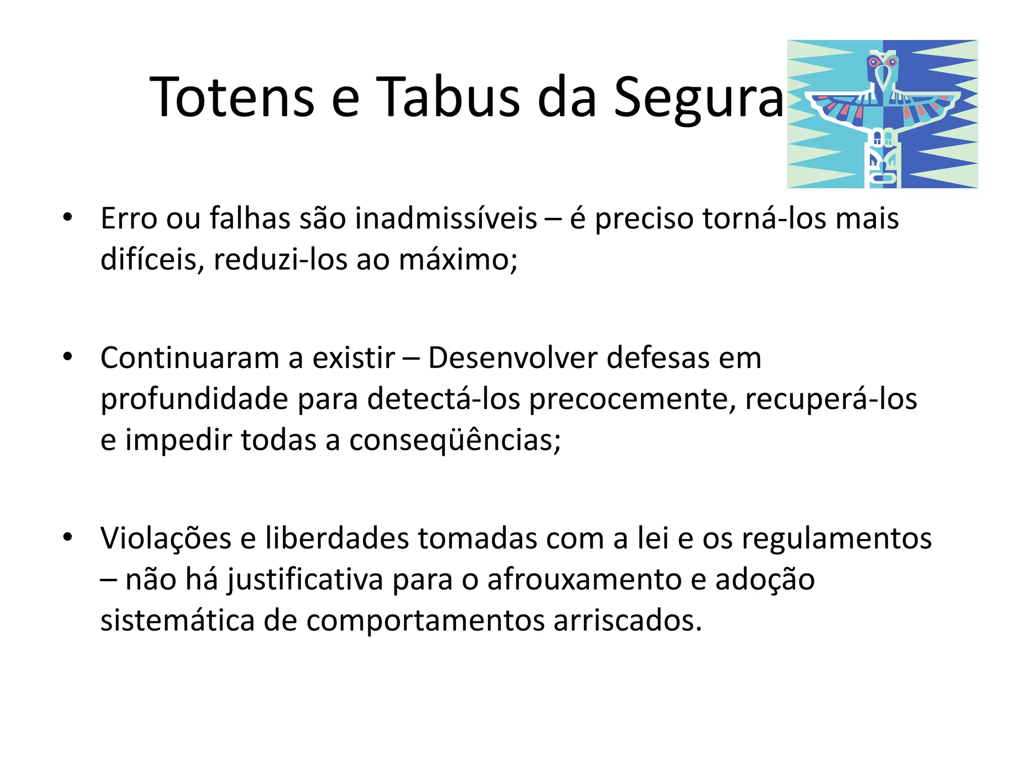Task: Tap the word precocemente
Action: tap(632, 400)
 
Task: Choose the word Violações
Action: tap(166, 539)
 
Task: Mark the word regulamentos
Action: tap(836, 539)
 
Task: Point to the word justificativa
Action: tap(305, 580)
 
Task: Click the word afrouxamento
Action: tap(584, 580)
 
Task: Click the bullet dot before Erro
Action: tap(68, 218)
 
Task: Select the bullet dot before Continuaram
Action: tap(68, 357)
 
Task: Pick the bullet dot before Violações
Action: tap(68, 538)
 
